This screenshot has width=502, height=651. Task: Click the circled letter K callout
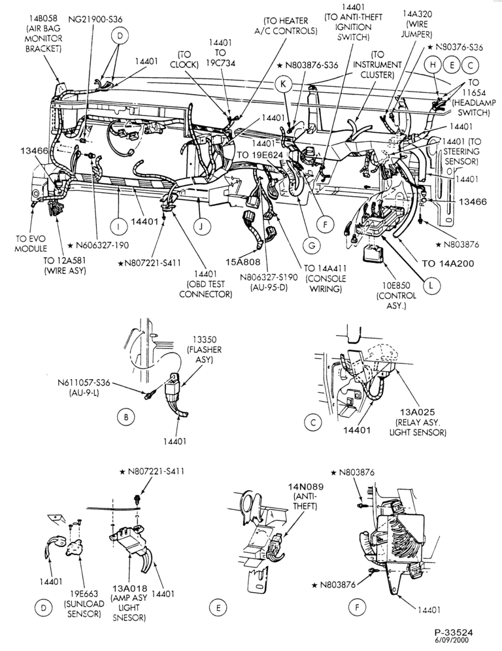pyautogui.click(x=284, y=84)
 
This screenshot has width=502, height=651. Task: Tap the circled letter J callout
pyautogui.click(x=202, y=226)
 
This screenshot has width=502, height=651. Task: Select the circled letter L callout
pyautogui.click(x=431, y=285)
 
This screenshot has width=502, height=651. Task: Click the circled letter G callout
pyautogui.click(x=312, y=245)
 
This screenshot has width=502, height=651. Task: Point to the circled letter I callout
pyautogui.click(x=118, y=226)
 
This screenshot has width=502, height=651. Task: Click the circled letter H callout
pyautogui.click(x=433, y=65)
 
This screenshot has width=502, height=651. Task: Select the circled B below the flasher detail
pyautogui.click(x=125, y=417)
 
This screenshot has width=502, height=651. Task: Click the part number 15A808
pyautogui.click(x=243, y=262)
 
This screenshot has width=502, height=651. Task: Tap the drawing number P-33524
pyautogui.click(x=454, y=633)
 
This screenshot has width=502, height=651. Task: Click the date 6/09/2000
pyautogui.click(x=452, y=640)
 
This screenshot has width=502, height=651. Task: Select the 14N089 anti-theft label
pyautogui.click(x=307, y=496)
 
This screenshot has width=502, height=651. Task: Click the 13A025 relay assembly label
pyautogui.click(x=417, y=422)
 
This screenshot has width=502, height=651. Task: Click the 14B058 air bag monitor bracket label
pyautogui.click(x=43, y=33)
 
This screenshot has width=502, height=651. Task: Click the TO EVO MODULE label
pyautogui.click(x=31, y=243)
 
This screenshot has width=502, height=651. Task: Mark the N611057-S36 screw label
pyautogui.click(x=84, y=387)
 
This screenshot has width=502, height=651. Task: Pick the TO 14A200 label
pyautogui.click(x=448, y=263)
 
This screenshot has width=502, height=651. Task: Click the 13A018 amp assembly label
pyautogui.click(x=129, y=603)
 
